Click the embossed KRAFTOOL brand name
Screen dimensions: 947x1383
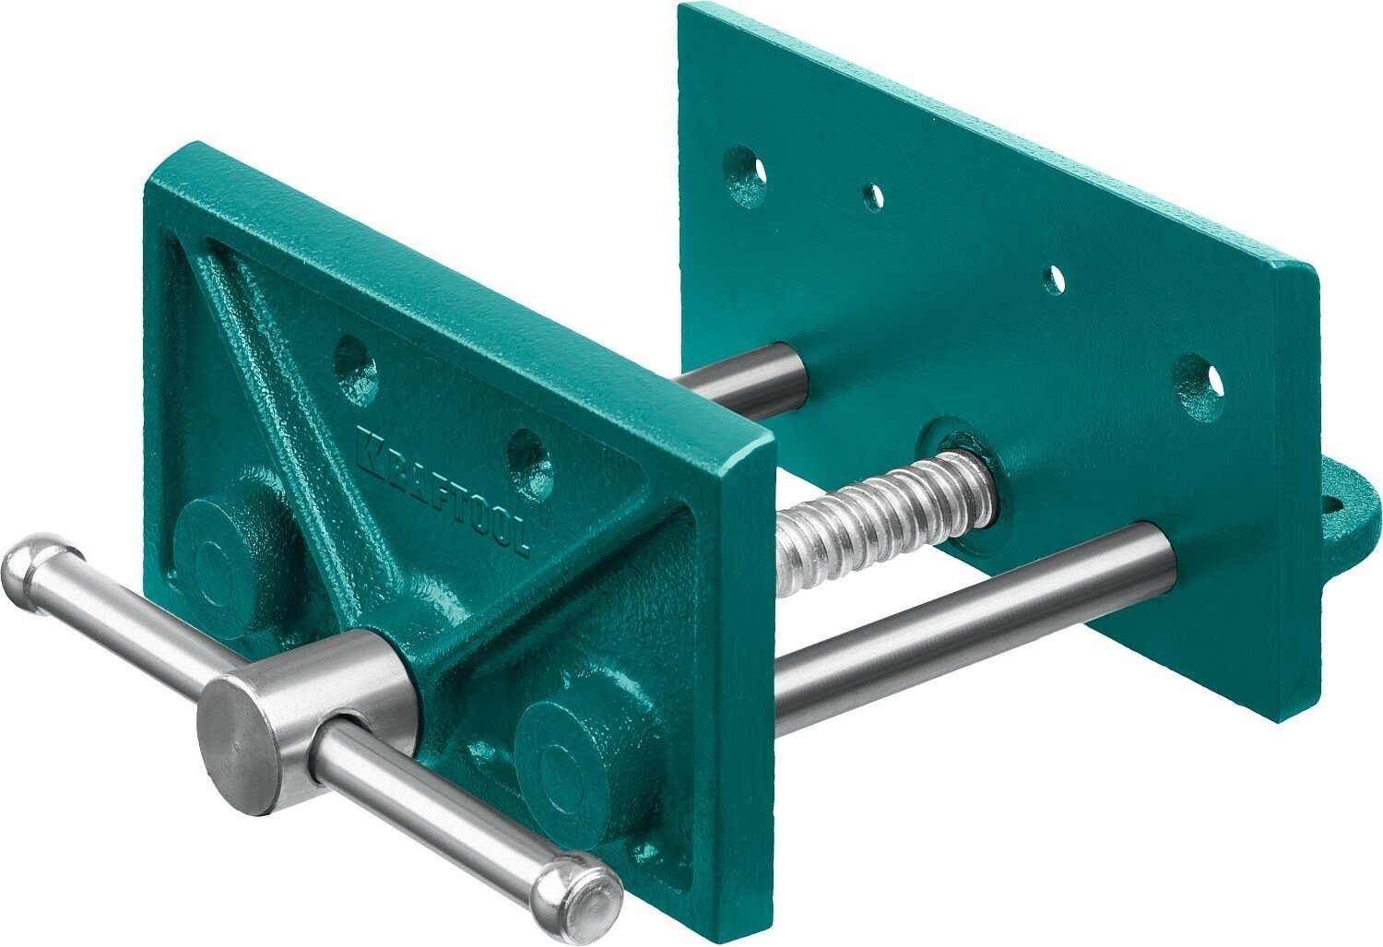click(442, 489)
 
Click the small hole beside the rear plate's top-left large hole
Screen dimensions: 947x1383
click(872, 195)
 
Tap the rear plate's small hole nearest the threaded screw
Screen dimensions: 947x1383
click(1053, 278)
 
